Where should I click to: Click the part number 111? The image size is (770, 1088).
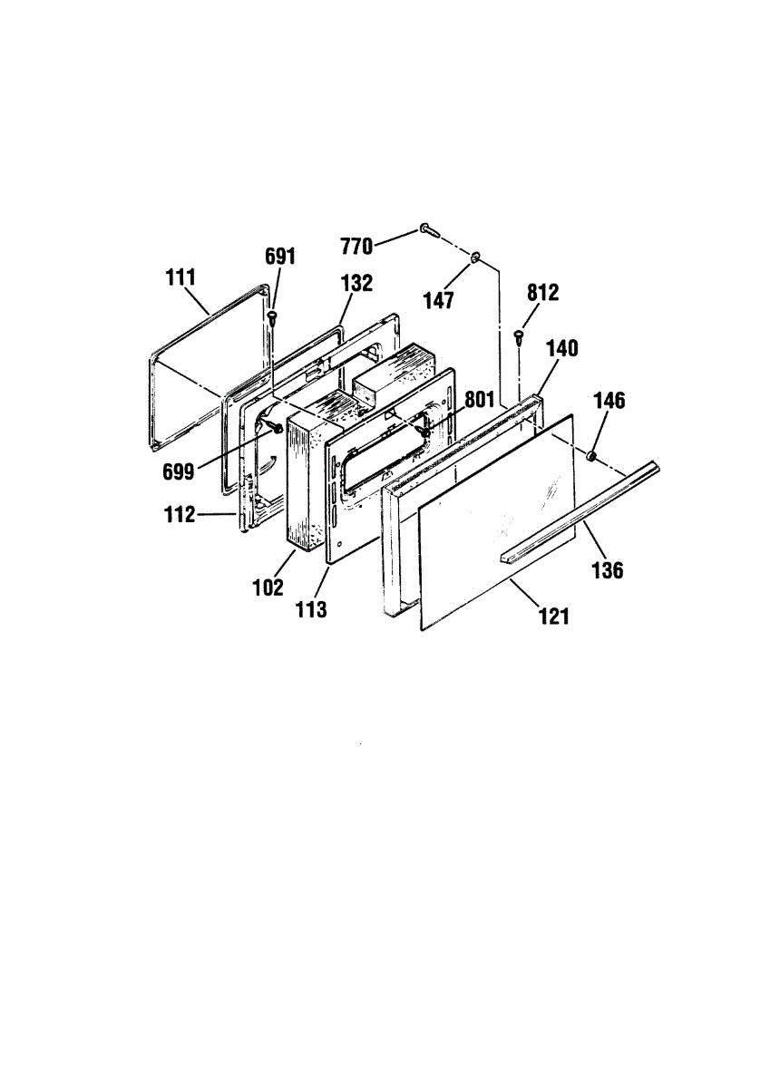tap(180, 277)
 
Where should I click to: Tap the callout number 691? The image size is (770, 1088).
tap(280, 256)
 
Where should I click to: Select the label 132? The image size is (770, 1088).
tap(356, 283)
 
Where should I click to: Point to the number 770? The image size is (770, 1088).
tap(356, 247)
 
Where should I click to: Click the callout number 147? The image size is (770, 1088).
tap(439, 301)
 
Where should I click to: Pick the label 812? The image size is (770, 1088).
tap(543, 292)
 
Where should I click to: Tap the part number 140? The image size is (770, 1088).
tap(562, 348)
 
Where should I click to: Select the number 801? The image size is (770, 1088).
tap(480, 399)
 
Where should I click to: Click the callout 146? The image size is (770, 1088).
tap(610, 401)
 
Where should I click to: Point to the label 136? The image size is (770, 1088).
tap(608, 570)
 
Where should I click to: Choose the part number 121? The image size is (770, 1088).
tap(554, 617)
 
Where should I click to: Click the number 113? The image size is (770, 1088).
tap(311, 609)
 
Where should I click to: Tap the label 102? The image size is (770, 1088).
tap(268, 588)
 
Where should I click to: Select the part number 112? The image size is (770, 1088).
tap(180, 514)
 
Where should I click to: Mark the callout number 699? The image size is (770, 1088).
tap(179, 471)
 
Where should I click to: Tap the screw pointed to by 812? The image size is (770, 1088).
tap(520, 336)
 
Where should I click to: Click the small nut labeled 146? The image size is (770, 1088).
tap(590, 455)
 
